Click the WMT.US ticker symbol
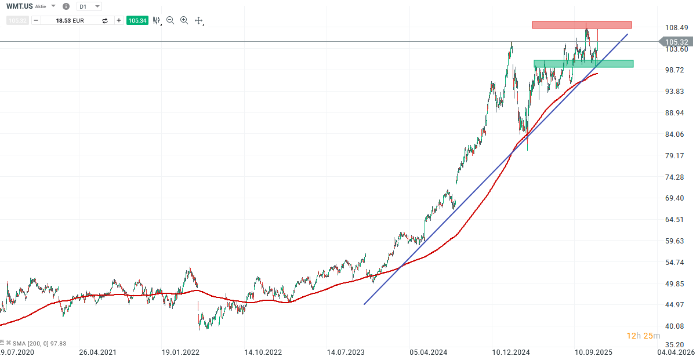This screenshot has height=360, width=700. click(20, 6)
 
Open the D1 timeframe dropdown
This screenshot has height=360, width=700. click(89, 6)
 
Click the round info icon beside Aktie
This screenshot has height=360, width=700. click(66, 6)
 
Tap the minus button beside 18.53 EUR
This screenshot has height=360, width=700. click(36, 20)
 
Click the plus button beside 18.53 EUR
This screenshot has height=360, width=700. click(119, 20)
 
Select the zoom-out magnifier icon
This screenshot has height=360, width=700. click(171, 20)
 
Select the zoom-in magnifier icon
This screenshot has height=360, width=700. click(184, 20)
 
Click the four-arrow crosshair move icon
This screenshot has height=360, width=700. click(198, 20)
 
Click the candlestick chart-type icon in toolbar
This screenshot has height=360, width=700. click(156, 20)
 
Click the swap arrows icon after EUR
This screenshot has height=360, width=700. click(105, 20)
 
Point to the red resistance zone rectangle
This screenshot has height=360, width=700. click(582, 25)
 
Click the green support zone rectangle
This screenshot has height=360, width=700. click(583, 64)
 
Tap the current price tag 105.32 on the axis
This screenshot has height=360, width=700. click(676, 42)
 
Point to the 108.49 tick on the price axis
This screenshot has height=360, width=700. click(676, 28)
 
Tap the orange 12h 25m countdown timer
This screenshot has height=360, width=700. click(643, 336)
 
